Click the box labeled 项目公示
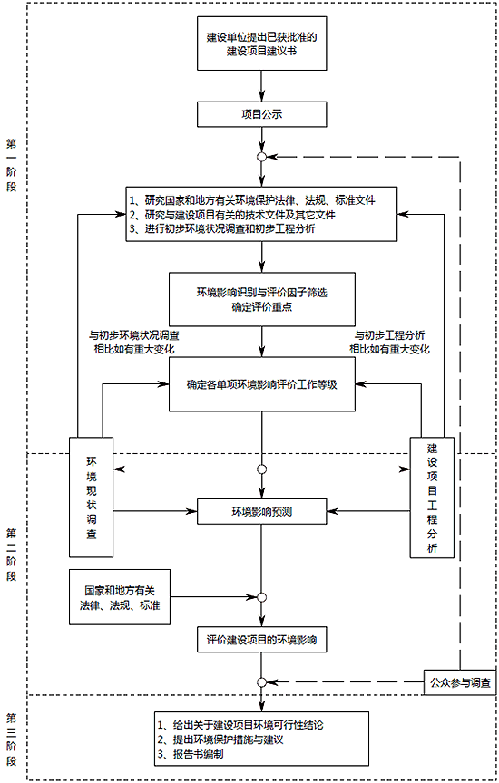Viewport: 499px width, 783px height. tap(262, 114)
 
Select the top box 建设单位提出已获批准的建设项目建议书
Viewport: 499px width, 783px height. tap(262, 43)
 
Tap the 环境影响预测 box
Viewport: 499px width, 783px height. tap(262, 511)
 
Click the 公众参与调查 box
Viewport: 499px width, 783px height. tap(460, 682)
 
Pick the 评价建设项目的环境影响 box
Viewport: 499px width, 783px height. tap(262, 640)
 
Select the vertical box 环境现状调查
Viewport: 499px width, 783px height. tap(92, 498)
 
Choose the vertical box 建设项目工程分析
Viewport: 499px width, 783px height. tap(432, 498)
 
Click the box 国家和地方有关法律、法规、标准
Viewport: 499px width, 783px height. tap(120, 597)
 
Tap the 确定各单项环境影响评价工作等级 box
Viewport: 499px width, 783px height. tap(262, 384)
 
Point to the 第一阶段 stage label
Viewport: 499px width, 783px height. tap(11, 165)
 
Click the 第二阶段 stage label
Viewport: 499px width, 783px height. tap(11, 555)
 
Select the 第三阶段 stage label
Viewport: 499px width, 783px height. tap(11, 739)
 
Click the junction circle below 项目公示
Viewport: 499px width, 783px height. tap(261, 157)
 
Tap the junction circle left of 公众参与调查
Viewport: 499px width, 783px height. tap(261, 682)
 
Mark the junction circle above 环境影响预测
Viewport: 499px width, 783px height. tap(261, 469)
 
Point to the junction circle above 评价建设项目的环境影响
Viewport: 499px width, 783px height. tap(261, 597)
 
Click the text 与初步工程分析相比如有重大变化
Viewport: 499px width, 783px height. tap(389, 342)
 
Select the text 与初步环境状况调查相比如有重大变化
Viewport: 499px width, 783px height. tap(134, 342)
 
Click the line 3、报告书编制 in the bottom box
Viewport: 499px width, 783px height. tap(191, 754)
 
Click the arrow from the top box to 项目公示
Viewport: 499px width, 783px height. tap(261, 86)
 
